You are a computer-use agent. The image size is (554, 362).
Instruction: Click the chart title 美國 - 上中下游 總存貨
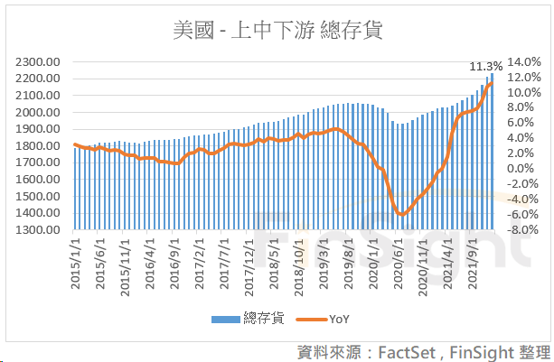(277, 30)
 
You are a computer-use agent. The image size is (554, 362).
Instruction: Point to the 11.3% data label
(485, 66)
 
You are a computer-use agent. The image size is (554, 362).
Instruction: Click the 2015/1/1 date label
(78, 262)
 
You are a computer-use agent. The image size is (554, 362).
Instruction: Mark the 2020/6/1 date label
(398, 262)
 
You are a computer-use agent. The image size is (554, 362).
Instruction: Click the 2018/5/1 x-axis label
(274, 262)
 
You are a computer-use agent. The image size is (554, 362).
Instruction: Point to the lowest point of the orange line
(401, 214)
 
